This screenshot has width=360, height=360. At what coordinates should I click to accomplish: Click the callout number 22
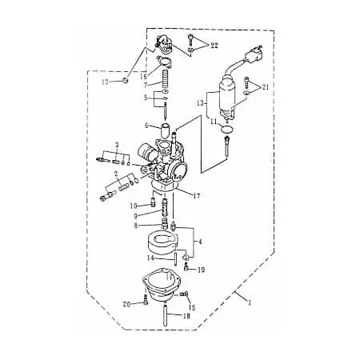pos(214,46)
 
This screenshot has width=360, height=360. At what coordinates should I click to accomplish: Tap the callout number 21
pos(266,86)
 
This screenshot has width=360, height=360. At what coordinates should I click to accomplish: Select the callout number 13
pos(201,102)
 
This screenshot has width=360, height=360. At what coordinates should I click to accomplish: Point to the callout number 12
pos(106,82)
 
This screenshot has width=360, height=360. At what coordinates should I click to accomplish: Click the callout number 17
pos(197,196)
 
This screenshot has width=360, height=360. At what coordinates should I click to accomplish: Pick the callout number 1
pos(250,302)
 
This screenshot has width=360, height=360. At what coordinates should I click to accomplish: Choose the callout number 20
pos(126,304)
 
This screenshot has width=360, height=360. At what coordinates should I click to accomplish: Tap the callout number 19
pos(202,270)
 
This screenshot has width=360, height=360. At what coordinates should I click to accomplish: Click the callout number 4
pos(200,242)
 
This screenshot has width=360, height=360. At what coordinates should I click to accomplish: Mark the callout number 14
pos(151,258)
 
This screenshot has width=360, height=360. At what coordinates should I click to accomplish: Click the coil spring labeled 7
pos(166,79)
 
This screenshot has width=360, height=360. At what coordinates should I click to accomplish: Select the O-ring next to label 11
pos(227,130)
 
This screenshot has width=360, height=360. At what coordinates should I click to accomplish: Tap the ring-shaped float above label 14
pos(162,242)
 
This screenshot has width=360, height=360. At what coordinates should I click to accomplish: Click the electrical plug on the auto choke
pos(253,55)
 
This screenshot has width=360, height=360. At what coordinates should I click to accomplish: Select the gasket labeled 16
pos(165,62)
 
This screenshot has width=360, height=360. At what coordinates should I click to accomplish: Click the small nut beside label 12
pos(125,79)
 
